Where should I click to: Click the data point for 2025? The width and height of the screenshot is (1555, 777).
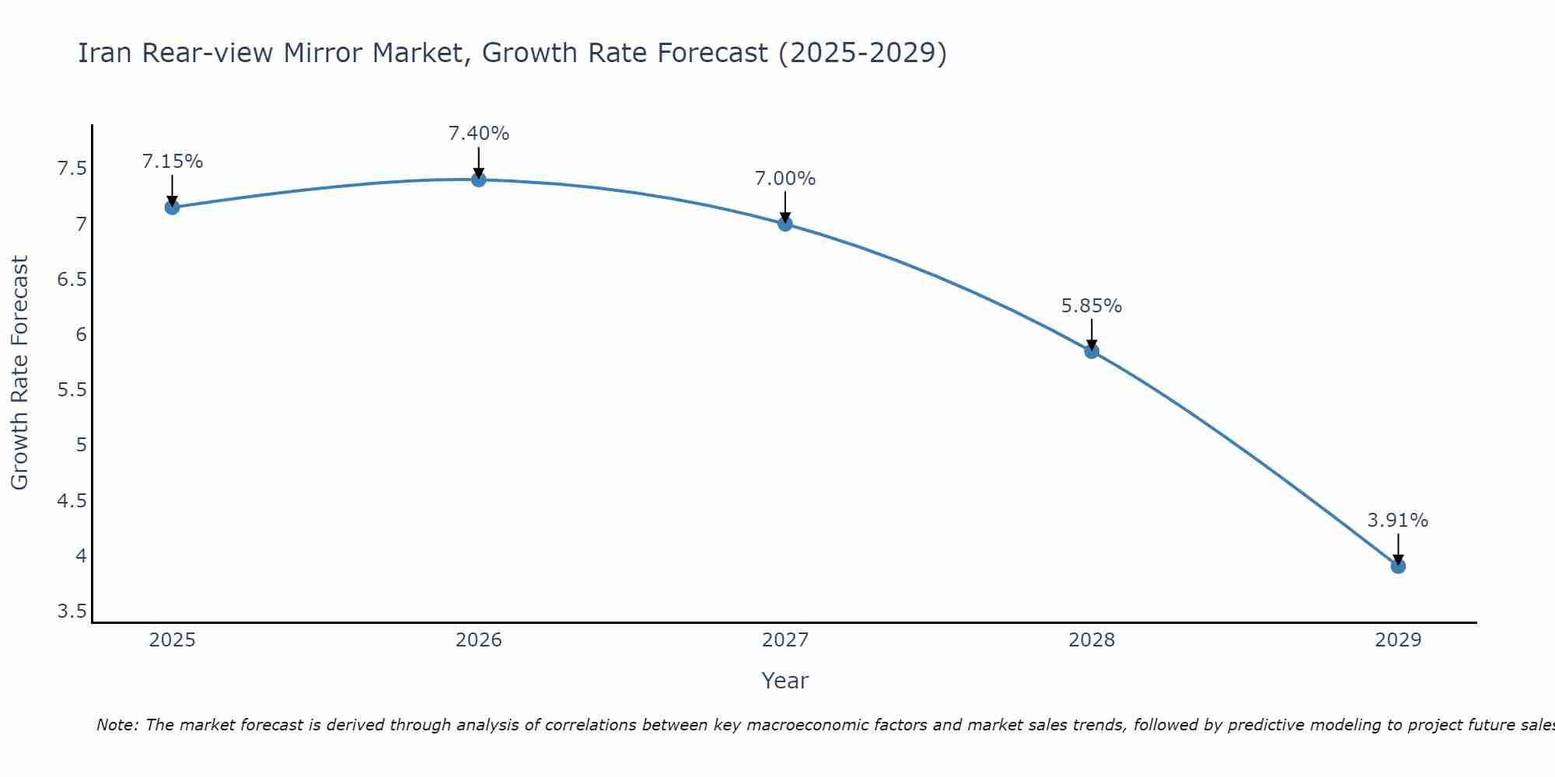pos(172,207)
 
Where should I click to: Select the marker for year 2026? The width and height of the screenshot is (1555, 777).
pos(479,179)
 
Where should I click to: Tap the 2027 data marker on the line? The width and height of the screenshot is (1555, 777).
pos(785,224)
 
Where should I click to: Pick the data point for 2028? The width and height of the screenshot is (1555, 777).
pos(1092,351)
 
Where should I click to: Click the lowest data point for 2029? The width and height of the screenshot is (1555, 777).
pos(1398,566)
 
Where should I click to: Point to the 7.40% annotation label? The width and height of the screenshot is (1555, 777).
pos(479,134)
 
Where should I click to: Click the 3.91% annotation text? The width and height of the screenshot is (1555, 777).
pos(1398,521)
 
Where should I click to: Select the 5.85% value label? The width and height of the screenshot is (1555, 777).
pos(1092,306)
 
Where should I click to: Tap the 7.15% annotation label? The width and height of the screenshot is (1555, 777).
pos(172,162)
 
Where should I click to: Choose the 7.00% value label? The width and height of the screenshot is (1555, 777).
pos(785,179)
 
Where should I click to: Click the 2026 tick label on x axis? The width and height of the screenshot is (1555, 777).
pos(479,640)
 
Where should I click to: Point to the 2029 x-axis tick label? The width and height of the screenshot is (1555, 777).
pos(1398,640)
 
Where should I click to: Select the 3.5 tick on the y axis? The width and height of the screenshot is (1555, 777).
pos(72,611)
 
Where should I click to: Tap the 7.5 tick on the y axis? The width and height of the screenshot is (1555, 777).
pos(72,169)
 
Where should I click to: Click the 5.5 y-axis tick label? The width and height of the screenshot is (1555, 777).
pos(72,390)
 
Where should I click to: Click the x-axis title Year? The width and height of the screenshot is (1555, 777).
pos(785,681)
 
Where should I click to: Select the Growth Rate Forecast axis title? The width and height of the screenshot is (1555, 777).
pos(19,373)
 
